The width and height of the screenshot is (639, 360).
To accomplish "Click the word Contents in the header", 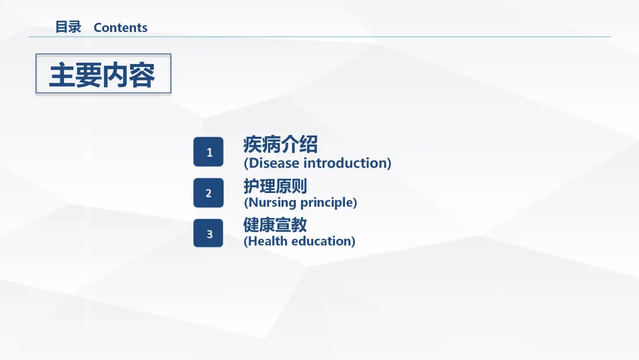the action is (x=121, y=27).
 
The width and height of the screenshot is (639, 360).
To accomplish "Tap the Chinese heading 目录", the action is (x=68, y=27).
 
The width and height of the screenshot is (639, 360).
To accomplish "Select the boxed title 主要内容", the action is (x=102, y=75).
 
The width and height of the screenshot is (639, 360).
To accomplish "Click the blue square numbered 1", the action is (x=208, y=152).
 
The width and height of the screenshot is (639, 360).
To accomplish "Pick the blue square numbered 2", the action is (x=208, y=193).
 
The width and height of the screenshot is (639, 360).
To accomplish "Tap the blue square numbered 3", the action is (x=208, y=233).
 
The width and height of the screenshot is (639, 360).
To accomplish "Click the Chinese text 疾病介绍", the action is (x=280, y=144).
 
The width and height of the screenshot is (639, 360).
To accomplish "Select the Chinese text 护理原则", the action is (x=275, y=186).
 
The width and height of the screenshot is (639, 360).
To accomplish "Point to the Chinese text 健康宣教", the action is (x=275, y=224).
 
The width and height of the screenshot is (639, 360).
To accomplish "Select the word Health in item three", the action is (x=268, y=241).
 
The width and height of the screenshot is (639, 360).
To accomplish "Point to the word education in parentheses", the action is (x=322, y=241).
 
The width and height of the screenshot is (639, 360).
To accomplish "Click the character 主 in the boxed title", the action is (x=62, y=75).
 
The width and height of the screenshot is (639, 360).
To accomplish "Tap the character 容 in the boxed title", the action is (x=142, y=75).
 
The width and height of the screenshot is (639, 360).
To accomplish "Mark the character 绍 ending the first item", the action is (x=308, y=144).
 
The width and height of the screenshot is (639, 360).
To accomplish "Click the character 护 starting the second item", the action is (x=251, y=186).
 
